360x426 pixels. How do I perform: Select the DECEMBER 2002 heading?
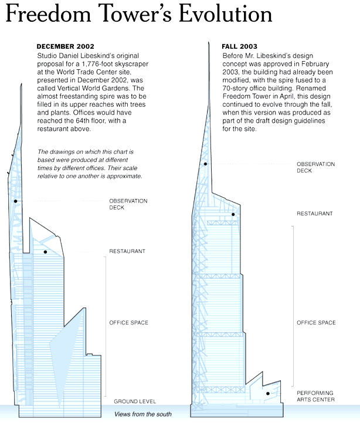(64, 46)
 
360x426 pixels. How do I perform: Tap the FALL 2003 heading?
(240, 46)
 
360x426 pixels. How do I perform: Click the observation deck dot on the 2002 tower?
(16, 201)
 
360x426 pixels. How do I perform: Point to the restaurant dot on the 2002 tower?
(45, 252)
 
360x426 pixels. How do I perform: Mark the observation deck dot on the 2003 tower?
(206, 164)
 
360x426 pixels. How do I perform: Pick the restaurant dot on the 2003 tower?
(233, 214)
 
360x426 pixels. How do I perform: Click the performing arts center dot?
(267, 394)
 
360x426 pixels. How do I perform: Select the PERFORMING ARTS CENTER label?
(315, 396)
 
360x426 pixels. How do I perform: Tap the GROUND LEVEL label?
(135, 401)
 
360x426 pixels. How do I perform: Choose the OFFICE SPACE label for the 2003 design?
(316, 323)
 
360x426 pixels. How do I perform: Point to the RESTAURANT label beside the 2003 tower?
(314, 214)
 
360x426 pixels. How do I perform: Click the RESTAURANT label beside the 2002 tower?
(127, 252)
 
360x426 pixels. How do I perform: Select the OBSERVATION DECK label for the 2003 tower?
(315, 167)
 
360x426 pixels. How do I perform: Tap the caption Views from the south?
(143, 414)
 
